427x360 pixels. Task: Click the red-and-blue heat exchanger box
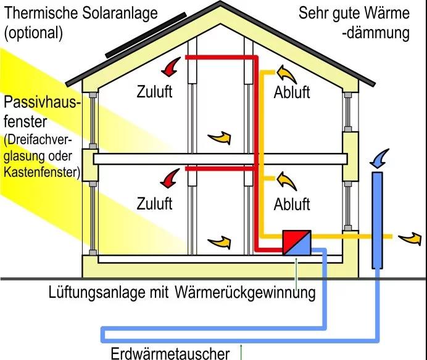(x=297, y=243)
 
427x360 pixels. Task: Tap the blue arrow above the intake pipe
(x=379, y=158)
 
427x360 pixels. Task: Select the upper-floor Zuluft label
(x=154, y=91)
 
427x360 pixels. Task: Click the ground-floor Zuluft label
(x=154, y=203)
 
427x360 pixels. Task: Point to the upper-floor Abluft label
(x=292, y=92)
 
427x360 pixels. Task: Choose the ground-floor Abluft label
(x=292, y=204)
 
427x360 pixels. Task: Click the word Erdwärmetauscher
(x=170, y=353)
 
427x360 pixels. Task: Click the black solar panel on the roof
(x=146, y=35)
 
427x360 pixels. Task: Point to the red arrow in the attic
(x=171, y=67)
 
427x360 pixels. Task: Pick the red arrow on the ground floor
(x=170, y=178)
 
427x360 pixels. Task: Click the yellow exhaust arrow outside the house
(x=410, y=239)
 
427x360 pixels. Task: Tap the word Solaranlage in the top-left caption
(x=120, y=14)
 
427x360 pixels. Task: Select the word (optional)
(x=33, y=33)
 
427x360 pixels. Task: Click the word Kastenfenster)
(x=42, y=172)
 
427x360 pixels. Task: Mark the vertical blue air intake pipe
(x=377, y=221)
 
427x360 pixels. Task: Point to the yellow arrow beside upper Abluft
(x=286, y=74)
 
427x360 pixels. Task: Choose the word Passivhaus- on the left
(x=43, y=102)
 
